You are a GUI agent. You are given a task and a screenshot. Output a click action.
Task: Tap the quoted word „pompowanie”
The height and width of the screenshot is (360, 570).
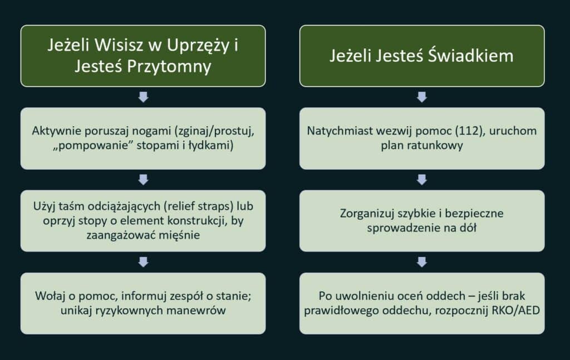tap(83, 146)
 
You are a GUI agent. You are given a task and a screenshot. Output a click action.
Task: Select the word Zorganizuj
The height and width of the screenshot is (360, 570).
tap(365, 214)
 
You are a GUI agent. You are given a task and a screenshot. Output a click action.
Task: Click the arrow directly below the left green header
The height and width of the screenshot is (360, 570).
tap(143, 97)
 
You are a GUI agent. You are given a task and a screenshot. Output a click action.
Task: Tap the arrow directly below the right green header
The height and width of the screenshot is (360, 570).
tap(422, 97)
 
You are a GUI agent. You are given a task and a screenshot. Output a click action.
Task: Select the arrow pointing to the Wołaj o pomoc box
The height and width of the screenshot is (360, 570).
tap(143, 262)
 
